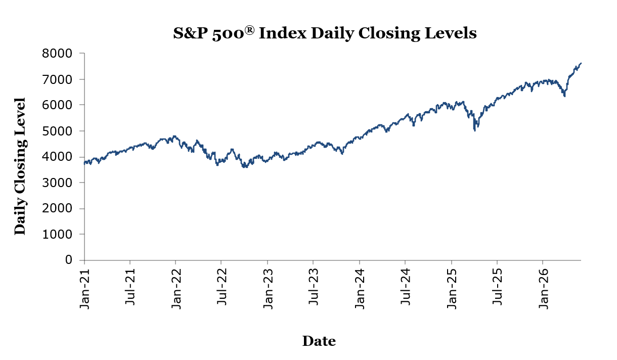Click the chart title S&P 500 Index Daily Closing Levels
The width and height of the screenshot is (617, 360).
coord(325,33)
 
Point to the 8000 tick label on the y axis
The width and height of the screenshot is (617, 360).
coord(57,53)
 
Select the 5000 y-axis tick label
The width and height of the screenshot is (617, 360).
coord(57,131)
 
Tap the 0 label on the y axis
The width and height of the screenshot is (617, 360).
coord(69,260)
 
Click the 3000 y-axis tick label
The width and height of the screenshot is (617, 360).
coord(57,183)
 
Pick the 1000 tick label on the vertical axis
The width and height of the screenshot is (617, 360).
coord(57,234)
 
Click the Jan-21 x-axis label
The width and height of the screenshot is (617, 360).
coord(85,289)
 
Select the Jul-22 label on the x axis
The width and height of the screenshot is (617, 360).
coord(222,287)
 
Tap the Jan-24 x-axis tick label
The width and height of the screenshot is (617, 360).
coord(360,289)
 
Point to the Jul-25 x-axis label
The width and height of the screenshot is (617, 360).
coord(497,287)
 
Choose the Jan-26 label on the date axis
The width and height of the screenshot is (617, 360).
coord(543,289)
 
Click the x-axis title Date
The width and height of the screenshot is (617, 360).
coord(319,341)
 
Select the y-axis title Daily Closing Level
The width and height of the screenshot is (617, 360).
coord(20,166)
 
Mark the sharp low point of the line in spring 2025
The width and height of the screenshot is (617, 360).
coord(475,130)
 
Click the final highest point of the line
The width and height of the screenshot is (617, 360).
coord(581,63)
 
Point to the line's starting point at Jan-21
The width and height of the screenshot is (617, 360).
coord(84,163)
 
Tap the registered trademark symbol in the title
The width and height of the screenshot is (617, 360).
coord(249,30)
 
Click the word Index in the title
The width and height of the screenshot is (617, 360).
coord(283,33)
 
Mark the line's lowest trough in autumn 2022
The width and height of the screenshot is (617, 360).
coord(245,167)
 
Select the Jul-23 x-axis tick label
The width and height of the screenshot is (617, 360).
coord(314,287)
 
